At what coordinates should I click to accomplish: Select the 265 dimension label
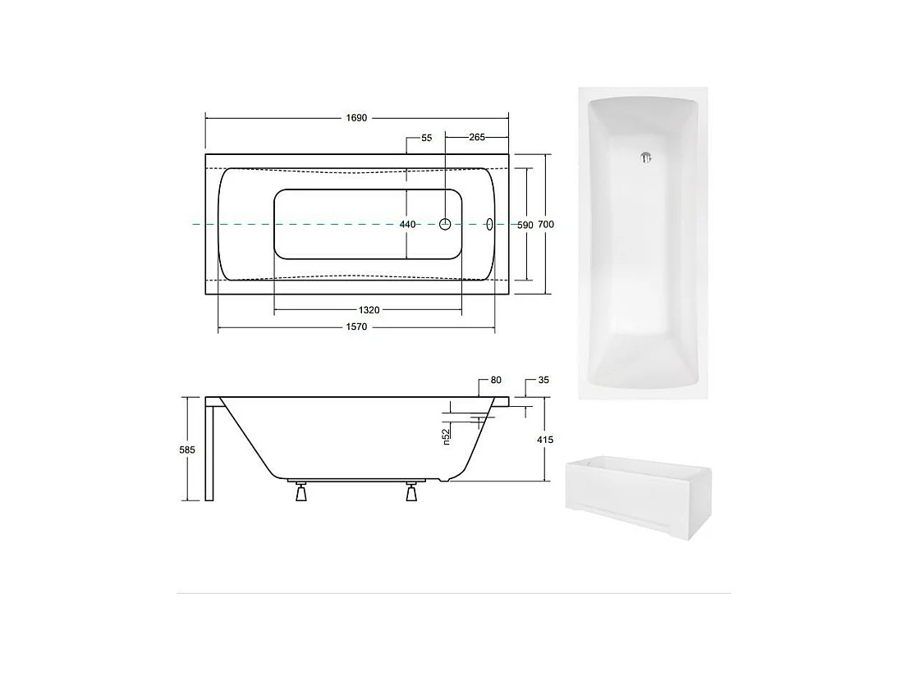(x=477, y=138)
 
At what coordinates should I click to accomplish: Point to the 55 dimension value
(x=426, y=139)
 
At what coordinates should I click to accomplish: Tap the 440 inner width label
(x=407, y=224)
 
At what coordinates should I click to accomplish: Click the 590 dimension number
(x=525, y=225)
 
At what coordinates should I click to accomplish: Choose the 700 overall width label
(x=546, y=225)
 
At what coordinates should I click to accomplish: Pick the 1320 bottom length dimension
(x=369, y=310)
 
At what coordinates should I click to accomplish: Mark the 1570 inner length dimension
(x=356, y=327)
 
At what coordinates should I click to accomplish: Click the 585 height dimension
(x=189, y=450)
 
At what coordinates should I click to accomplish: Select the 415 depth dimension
(x=545, y=440)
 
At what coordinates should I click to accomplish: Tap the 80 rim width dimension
(x=495, y=381)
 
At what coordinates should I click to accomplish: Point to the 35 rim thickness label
(x=543, y=381)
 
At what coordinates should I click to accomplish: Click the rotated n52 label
(x=446, y=437)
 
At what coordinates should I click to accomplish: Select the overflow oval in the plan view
(x=489, y=223)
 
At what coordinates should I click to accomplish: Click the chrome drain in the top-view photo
(x=644, y=158)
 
